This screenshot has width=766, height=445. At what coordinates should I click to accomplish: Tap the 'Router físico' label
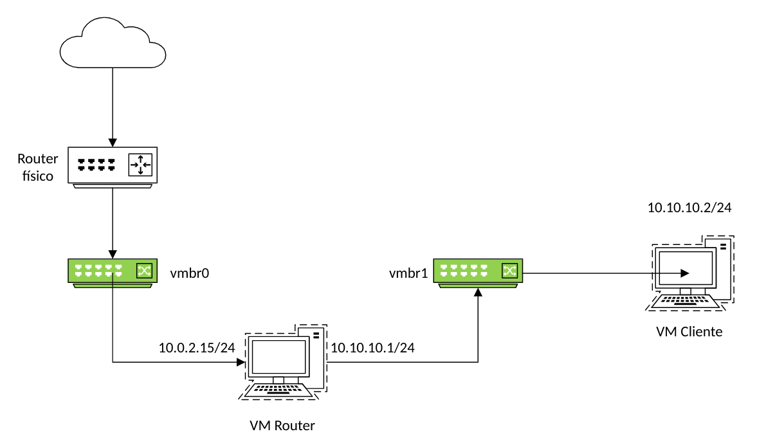[37, 167]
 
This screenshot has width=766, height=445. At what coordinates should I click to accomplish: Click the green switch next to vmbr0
[113, 272]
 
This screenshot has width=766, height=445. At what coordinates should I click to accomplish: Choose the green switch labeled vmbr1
[477, 272]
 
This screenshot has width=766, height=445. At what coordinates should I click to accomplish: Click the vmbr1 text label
[408, 273]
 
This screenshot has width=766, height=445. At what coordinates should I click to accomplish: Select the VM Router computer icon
[284, 363]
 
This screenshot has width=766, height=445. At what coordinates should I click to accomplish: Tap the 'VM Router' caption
[282, 425]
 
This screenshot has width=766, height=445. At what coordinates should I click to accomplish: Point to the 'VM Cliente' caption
[689, 332]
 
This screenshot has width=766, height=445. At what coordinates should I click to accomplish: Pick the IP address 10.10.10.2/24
[689, 207]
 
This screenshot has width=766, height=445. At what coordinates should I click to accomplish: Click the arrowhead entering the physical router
[113, 142]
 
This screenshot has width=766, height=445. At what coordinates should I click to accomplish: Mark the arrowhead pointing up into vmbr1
[478, 293]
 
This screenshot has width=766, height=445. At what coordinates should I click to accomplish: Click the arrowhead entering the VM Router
[241, 362]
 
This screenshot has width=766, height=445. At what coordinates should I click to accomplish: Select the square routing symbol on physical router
[141, 165]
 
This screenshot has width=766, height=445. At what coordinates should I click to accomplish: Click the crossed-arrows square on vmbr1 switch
[509, 270]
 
